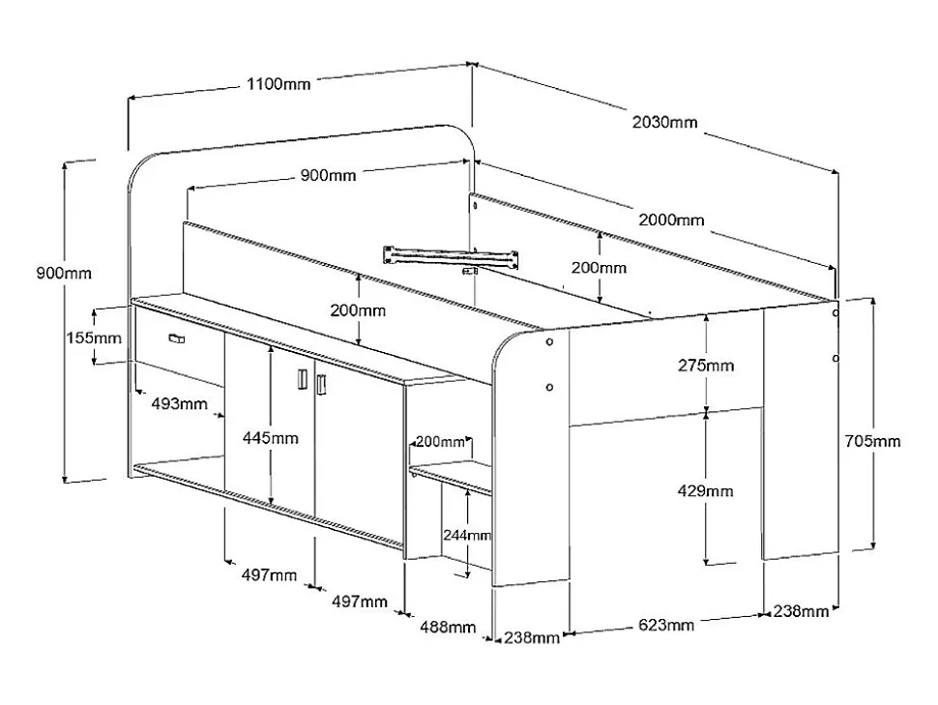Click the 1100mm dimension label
tap(278, 84)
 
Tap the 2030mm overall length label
tap(664, 123)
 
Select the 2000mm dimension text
tap(671, 220)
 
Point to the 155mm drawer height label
tap(95, 338)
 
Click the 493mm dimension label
tap(179, 404)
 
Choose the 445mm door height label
tap(270, 438)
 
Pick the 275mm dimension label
tap(706, 366)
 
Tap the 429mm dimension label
tap(706, 490)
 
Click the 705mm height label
tap(873, 441)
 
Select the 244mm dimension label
tap(467, 535)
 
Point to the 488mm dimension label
tap(448, 627)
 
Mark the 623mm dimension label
tap(666, 625)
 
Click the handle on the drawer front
tap(176, 338)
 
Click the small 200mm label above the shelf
tap(440, 442)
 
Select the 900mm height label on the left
tap(65, 273)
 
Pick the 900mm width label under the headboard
tap(328, 175)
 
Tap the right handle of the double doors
tap(322, 384)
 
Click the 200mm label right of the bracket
tap(599, 268)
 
